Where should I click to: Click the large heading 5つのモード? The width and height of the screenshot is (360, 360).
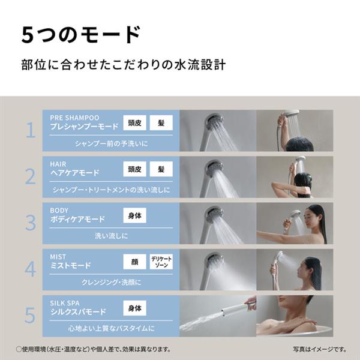81,35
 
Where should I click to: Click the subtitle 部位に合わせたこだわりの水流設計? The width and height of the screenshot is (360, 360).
122,64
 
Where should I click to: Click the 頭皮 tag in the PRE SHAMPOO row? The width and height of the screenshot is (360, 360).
134,123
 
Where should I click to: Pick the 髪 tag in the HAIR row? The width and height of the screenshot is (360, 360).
161,170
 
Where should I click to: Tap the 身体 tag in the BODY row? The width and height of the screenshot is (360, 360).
134,216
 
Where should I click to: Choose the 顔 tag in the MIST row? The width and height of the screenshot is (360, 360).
134,262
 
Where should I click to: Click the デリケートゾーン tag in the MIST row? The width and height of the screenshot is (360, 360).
161,262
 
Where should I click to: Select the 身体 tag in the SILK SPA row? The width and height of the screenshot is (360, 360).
134,308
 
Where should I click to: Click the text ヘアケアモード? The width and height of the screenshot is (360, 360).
75,173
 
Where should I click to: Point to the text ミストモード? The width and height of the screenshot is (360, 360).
71,266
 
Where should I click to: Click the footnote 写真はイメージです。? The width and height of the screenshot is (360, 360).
320,349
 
